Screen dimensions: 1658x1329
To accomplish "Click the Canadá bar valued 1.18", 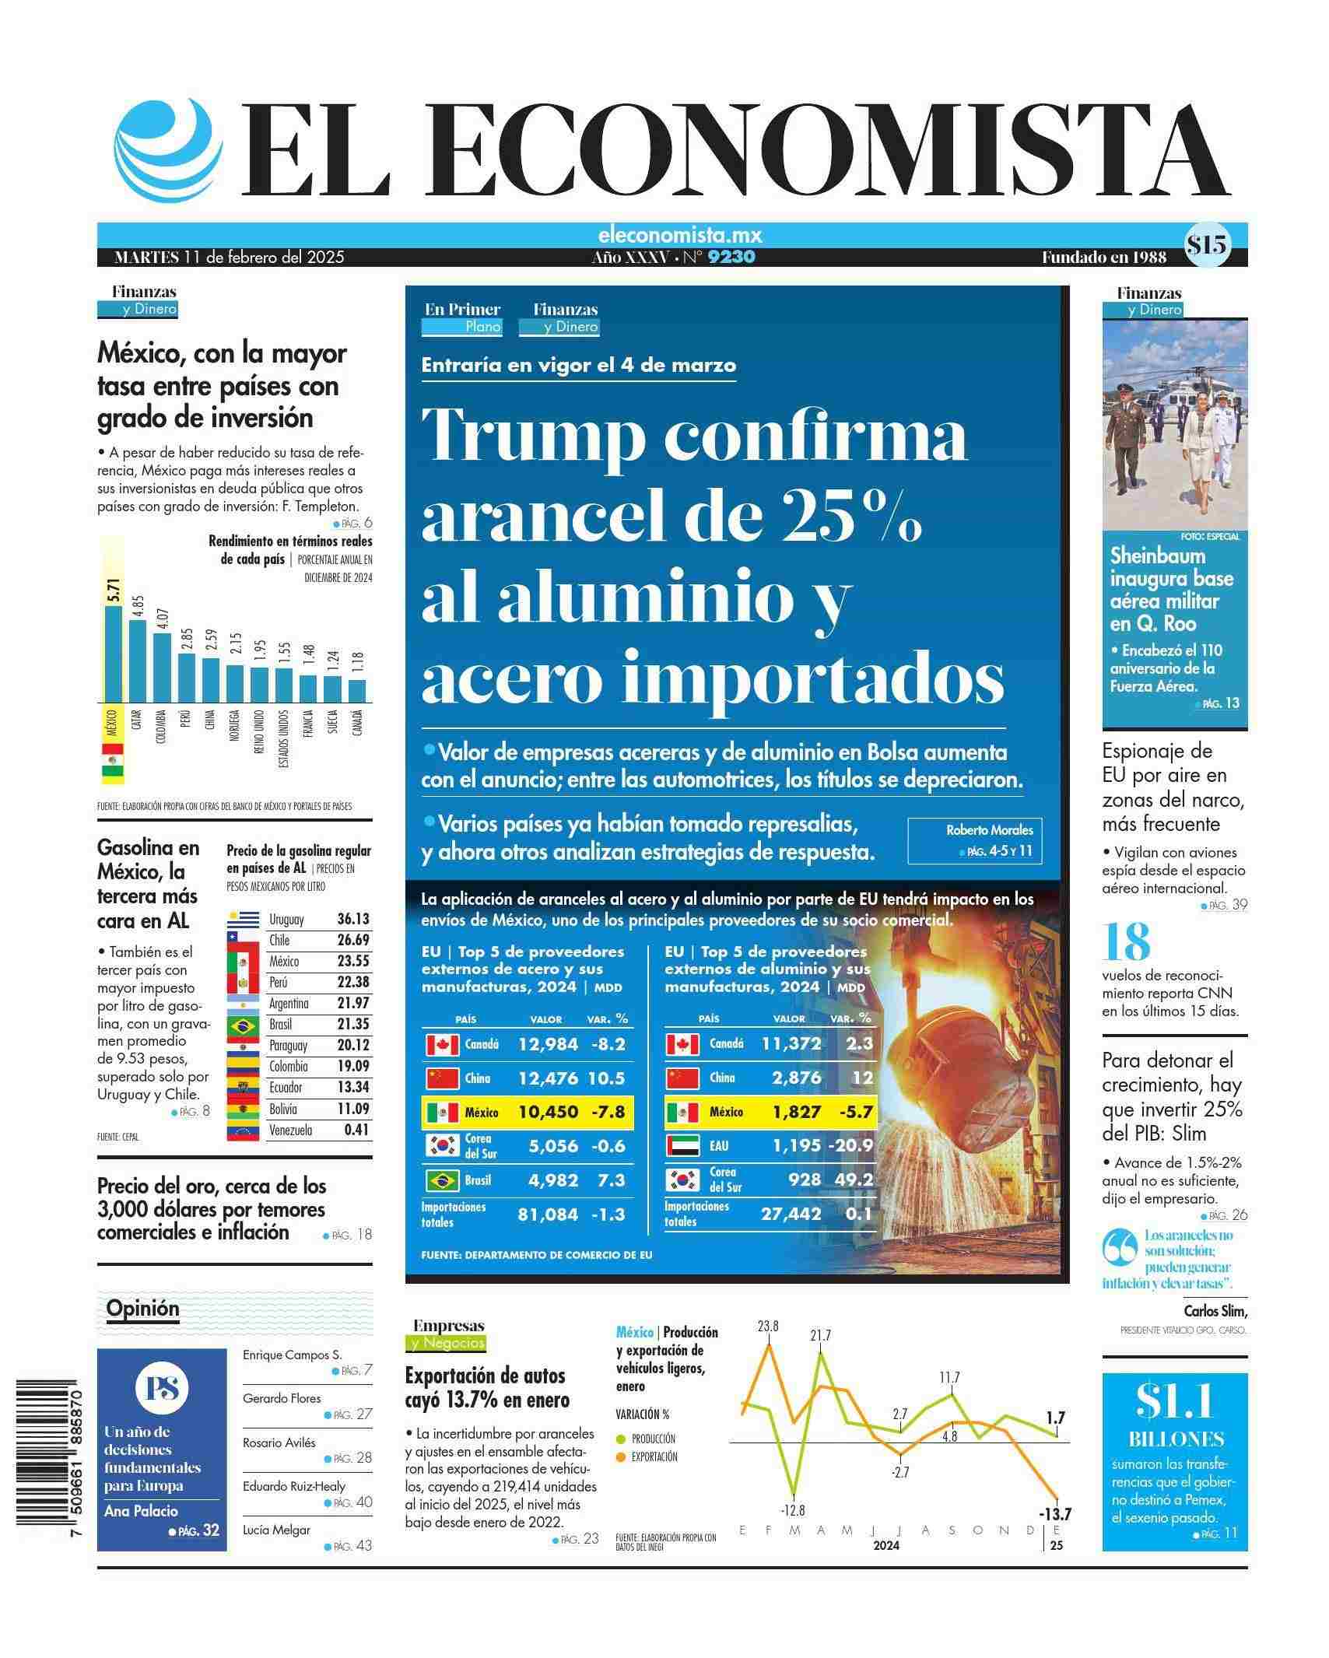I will pyautogui.click(x=357, y=690).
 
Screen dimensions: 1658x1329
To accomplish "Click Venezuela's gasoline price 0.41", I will pyautogui.click(x=356, y=1130).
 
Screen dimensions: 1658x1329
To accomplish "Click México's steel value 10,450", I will pyautogui.click(x=548, y=1112).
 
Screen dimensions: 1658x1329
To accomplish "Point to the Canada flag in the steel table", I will pyautogui.click(x=442, y=1044).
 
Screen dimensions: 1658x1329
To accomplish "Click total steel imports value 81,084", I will pyautogui.click(x=548, y=1215).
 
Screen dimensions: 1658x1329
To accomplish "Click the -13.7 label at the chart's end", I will pyautogui.click(x=1054, y=1514).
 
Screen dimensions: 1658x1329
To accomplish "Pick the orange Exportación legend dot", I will pyautogui.click(x=620, y=1457).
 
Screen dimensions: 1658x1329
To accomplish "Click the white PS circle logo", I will pyautogui.click(x=161, y=1388).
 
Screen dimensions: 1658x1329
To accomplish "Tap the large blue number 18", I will pyautogui.click(x=1127, y=942).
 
